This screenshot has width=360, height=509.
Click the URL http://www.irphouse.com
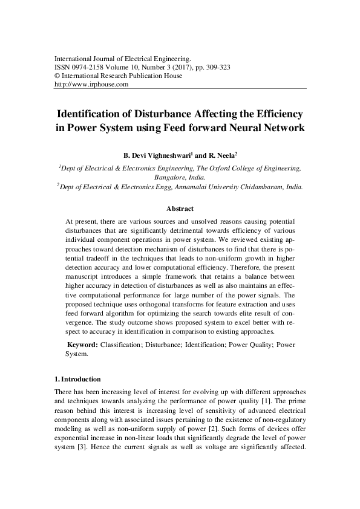(92, 85)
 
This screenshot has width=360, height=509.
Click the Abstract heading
(180, 209)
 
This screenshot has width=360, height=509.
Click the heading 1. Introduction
(77, 380)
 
